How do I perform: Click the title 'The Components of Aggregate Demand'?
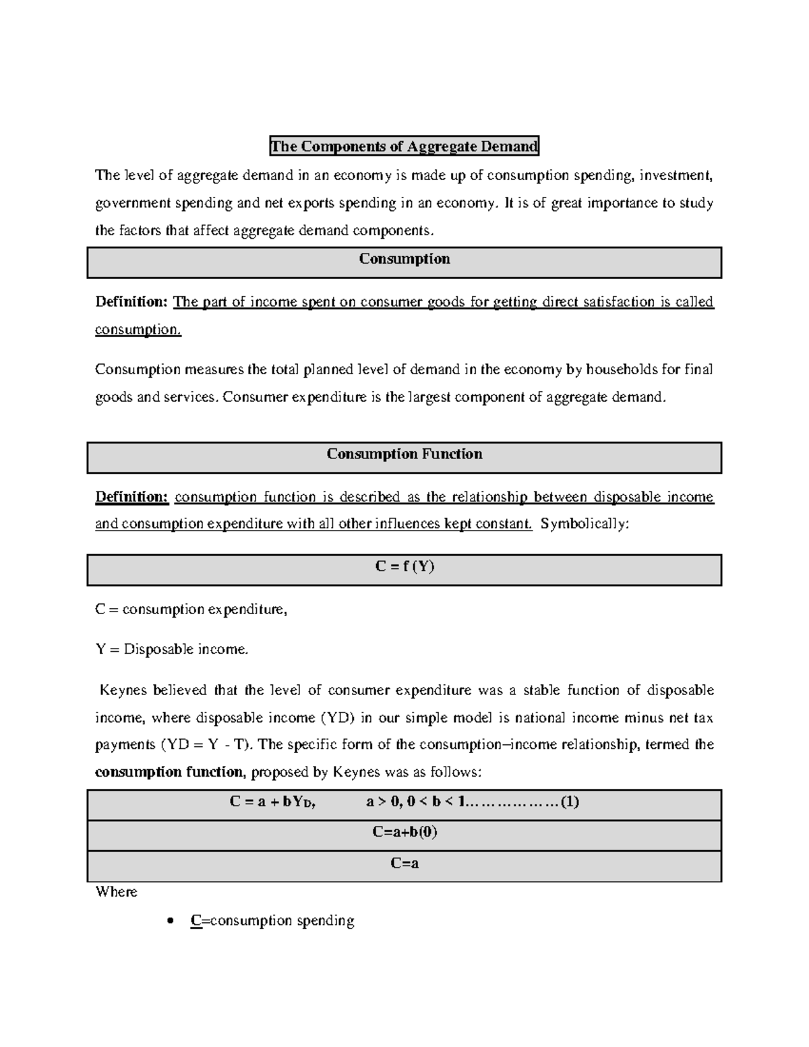tap(404, 146)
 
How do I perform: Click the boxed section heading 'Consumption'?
tap(404, 260)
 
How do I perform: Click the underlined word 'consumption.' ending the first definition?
tap(138, 330)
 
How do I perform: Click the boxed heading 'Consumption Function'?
tap(404, 454)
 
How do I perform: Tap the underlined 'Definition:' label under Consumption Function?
tap(131, 498)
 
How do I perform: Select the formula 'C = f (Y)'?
tap(404, 566)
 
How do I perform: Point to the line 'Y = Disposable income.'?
tap(172, 650)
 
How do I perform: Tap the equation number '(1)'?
tap(570, 802)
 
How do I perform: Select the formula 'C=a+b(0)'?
tap(404, 832)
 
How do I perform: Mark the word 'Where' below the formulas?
tap(116, 892)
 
